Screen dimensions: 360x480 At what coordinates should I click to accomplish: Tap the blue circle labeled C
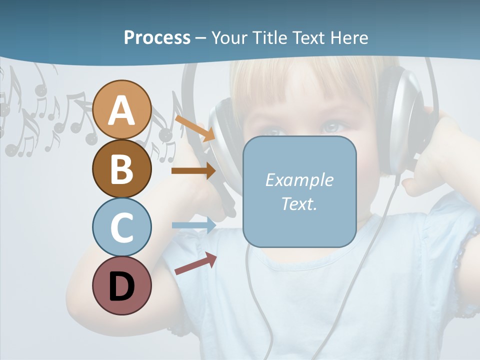point(121,227)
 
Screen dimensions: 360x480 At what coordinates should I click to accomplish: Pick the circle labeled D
point(121,285)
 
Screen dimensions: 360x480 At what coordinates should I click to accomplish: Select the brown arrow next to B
point(193,170)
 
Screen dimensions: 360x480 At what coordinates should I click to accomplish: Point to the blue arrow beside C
point(193,225)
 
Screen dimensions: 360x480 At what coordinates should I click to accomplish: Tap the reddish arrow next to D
point(195,263)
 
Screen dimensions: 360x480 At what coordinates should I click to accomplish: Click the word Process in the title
point(157,37)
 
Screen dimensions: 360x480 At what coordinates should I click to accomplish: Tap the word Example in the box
point(299,180)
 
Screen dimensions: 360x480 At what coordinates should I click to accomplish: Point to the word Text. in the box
point(299,203)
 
